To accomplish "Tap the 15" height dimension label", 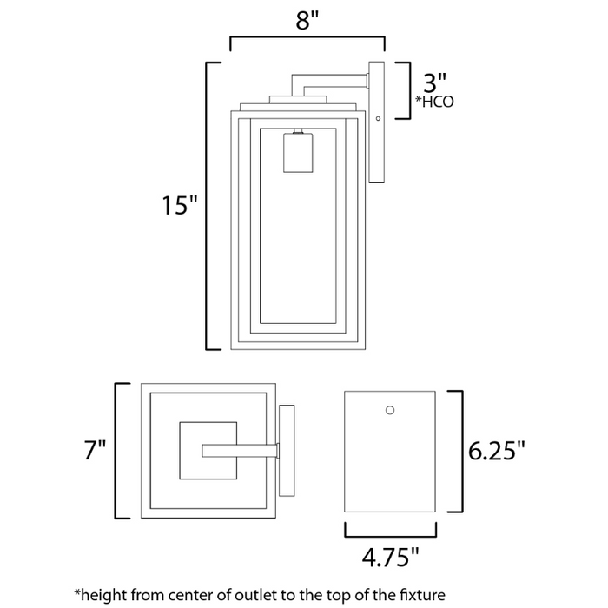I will tap(180, 207).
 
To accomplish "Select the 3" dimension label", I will tap(433, 83).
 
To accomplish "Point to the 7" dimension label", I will tap(95, 450).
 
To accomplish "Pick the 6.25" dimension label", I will tap(498, 451).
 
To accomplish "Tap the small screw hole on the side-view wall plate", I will tap(378, 118).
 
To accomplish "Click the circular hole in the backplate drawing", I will tap(390, 409).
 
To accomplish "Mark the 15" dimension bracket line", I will tap(206, 207).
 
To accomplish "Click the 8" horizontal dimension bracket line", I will tap(307, 37).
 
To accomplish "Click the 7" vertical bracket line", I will tap(116, 450).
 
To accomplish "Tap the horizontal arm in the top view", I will tap(240, 450).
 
